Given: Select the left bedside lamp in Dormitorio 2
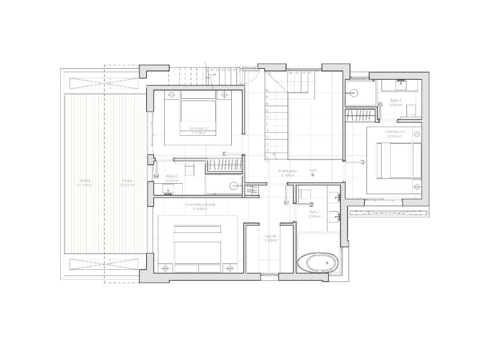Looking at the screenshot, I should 171,93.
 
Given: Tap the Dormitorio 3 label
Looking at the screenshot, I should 395,132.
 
